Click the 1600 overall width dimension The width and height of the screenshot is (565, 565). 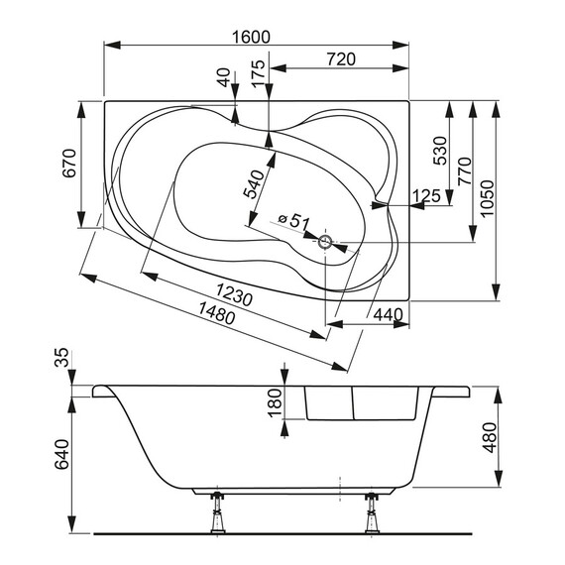(252, 37)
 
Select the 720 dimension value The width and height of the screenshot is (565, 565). (340, 60)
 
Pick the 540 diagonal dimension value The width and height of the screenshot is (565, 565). (256, 184)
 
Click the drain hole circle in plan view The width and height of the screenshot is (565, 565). (326, 240)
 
